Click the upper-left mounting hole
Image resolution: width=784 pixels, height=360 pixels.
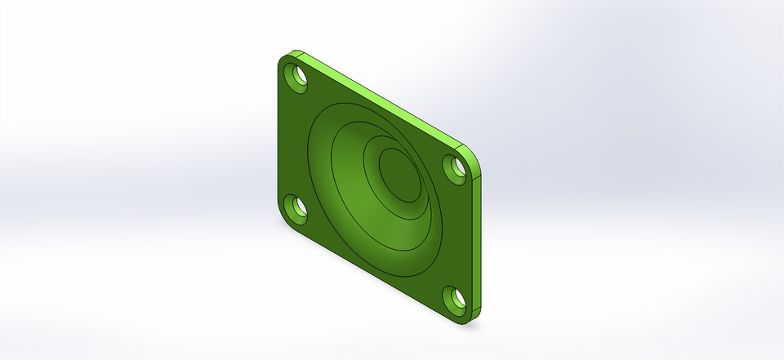(295, 78)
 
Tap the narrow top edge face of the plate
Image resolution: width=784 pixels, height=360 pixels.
(384, 103)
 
